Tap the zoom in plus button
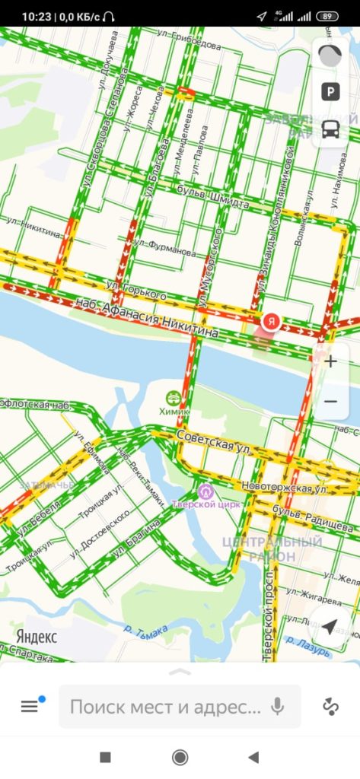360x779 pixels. point(330,361)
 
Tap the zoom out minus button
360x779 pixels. point(330,401)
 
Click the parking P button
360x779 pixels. point(330,92)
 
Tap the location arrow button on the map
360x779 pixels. point(330,626)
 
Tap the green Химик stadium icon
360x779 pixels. point(174,398)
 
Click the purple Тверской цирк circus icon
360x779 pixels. point(205,491)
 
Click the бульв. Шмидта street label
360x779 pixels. point(212,196)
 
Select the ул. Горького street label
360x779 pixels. point(137,289)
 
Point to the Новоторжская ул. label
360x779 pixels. point(283,486)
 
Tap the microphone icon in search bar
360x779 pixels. point(277,707)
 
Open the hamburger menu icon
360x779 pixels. point(29,707)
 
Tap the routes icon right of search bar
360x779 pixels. point(330,707)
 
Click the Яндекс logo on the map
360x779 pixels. point(36,637)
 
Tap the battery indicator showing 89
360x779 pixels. point(328,16)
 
